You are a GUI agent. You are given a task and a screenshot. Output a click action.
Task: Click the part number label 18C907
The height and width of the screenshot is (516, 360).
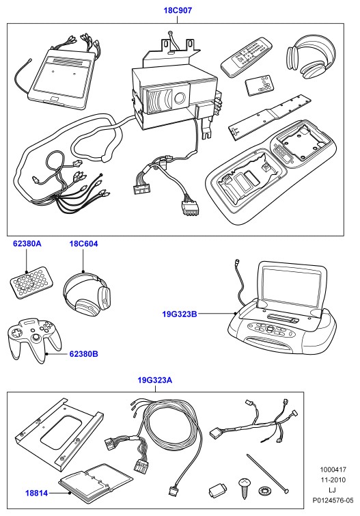[x=178, y=10]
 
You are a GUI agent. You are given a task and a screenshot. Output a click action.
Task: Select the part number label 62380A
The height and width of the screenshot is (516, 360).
[x=27, y=244]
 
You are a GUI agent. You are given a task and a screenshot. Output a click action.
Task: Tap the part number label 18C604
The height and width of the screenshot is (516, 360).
[x=83, y=244]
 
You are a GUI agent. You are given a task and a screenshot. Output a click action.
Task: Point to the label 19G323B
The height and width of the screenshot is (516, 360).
[x=180, y=314]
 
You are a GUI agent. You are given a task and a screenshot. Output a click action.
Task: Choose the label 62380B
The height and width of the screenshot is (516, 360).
[x=83, y=354]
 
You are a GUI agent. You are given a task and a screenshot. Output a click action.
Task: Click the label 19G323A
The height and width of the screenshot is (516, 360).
[x=154, y=381]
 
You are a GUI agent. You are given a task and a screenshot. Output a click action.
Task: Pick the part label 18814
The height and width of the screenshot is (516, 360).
[x=36, y=493]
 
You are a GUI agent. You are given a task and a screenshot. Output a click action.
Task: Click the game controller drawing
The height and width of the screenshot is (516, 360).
[x=33, y=340]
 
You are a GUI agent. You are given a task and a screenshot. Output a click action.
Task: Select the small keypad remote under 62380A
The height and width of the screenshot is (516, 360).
[x=31, y=282]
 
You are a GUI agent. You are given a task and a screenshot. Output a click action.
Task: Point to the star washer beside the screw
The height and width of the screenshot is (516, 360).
[x=264, y=491]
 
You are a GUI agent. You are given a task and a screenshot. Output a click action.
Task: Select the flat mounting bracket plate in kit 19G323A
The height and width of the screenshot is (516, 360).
[x=59, y=434]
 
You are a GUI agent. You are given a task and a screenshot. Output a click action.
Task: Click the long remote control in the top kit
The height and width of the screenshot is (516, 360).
[x=247, y=57]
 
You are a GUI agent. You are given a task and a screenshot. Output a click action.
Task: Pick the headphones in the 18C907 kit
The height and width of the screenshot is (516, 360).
[x=311, y=55]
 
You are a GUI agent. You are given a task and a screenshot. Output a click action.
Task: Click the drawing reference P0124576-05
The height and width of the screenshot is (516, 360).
[x=333, y=500]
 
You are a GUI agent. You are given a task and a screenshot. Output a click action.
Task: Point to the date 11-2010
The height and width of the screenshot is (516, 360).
[x=333, y=480]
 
